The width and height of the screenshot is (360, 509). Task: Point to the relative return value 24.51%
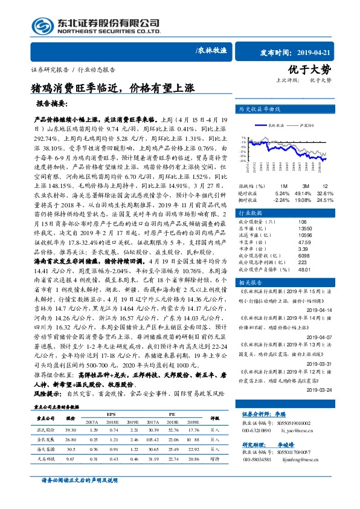click(x=324, y=199)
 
